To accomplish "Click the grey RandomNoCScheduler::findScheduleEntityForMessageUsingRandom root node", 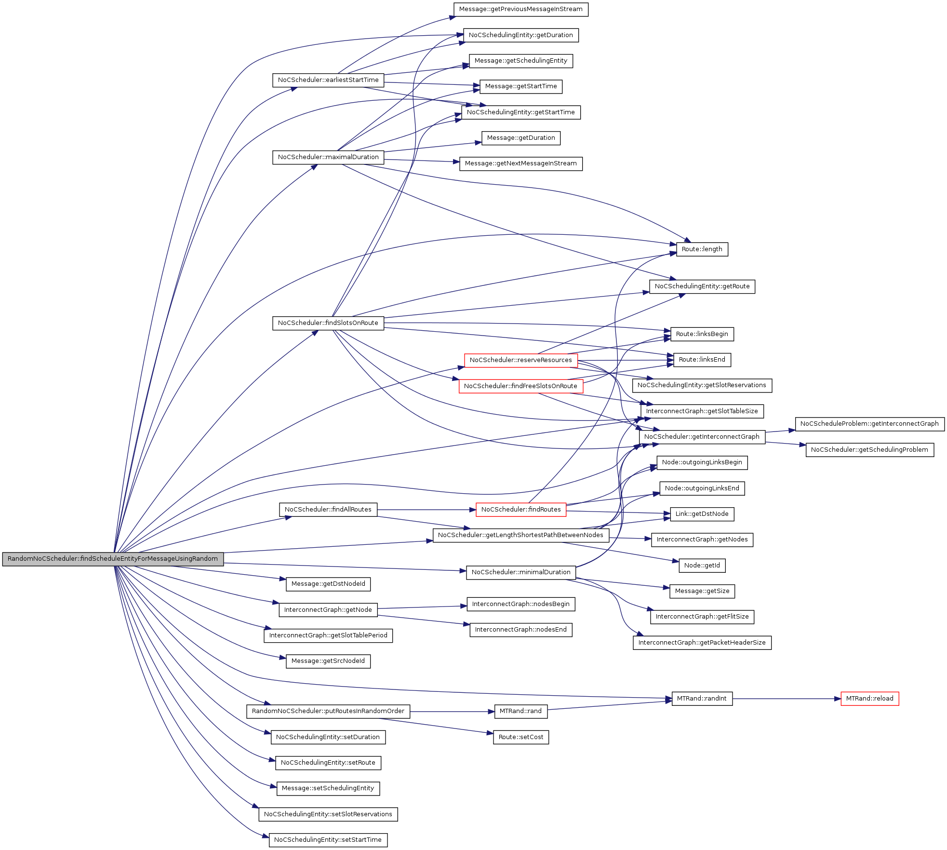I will (113, 559).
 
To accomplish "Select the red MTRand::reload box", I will (869, 699).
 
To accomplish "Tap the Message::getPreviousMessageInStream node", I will (520, 9).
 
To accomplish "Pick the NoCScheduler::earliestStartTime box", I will (328, 80).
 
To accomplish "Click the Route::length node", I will (702, 249).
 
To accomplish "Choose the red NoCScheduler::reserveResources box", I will (520, 360).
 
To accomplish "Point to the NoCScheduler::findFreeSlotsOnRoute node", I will (520, 386).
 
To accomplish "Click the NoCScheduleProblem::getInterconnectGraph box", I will (869, 424).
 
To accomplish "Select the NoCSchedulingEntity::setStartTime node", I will (328, 840).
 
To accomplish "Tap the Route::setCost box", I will (520, 737).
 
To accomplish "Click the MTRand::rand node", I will (520, 711).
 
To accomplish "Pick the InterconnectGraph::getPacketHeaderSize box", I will (702, 643).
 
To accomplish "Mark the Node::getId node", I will (702, 566).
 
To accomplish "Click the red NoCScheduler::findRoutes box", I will (520, 510).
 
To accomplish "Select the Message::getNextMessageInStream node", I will (520, 163).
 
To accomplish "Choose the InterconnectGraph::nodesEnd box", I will (520, 630).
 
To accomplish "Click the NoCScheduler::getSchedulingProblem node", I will (869, 450).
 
